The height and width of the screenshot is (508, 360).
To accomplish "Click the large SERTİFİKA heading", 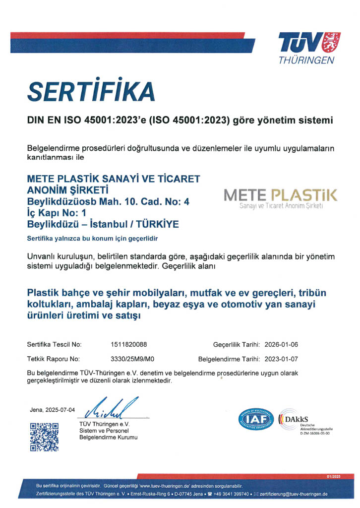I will (x=91, y=91).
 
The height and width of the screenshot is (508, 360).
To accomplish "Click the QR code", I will (x=44, y=437).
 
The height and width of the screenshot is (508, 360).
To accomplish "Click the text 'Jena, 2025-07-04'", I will (x=53, y=410).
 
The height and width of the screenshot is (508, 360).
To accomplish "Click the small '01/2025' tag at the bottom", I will (x=333, y=477).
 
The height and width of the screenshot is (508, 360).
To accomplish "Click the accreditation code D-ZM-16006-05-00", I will (x=315, y=433).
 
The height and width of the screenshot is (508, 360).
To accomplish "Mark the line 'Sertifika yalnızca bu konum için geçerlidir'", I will (x=92, y=239).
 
